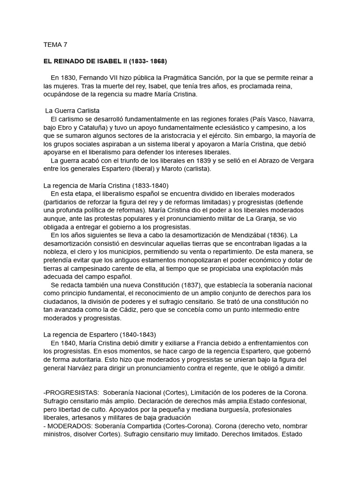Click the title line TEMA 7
coord(55,45)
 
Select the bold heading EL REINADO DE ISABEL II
coord(105,61)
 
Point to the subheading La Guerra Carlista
coord(72,111)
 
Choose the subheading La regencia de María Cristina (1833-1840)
coord(106,185)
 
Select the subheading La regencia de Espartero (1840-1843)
coord(99,335)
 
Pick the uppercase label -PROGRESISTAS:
coord(71,392)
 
